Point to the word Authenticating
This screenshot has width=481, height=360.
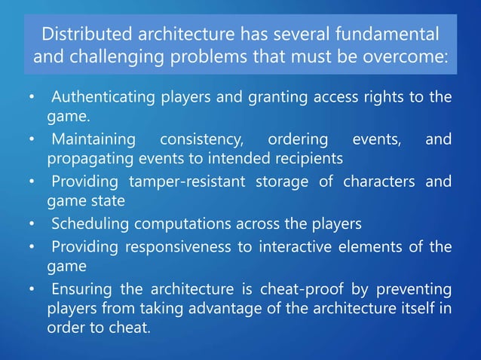coord(100,97)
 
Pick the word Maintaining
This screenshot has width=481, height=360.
coord(94,139)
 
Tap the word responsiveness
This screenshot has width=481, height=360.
coord(204,246)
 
